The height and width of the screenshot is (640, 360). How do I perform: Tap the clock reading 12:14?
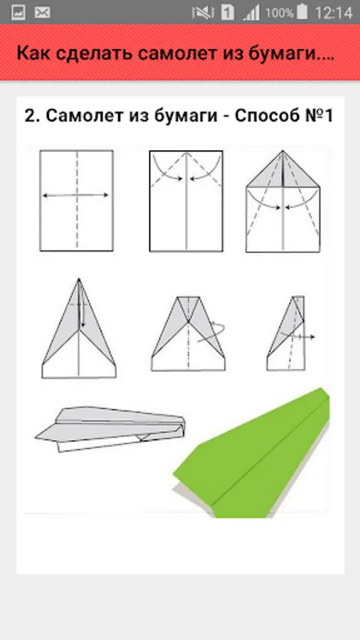(x=333, y=13)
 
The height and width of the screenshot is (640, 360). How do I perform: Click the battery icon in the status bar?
(x=302, y=12)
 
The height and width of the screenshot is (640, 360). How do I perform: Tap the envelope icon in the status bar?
(x=42, y=13)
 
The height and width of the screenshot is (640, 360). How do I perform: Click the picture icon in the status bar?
(x=18, y=13)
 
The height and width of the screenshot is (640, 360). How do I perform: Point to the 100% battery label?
(x=280, y=13)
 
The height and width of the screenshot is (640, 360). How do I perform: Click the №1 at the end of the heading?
(x=319, y=115)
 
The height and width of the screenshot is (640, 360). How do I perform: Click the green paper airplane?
(x=251, y=453)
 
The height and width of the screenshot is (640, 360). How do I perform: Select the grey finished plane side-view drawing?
(x=110, y=429)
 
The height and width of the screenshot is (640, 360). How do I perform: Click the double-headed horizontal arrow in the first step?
(x=76, y=196)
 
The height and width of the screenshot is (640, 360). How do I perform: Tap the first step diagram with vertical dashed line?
(x=76, y=201)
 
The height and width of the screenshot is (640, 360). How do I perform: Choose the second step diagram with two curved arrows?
(x=186, y=201)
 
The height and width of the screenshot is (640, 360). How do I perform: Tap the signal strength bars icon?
(x=251, y=13)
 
